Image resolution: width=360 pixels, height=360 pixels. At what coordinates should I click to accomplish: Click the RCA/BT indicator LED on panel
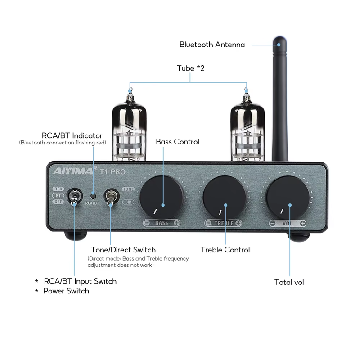pos(92,196)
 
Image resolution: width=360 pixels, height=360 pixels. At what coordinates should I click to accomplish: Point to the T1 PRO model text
pos(112,171)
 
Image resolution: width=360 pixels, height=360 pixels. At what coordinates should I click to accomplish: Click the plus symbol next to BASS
pos(176,223)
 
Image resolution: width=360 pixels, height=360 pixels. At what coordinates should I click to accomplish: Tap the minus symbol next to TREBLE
pos(208,223)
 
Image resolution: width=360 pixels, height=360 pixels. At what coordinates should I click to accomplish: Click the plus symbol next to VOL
pos(303,223)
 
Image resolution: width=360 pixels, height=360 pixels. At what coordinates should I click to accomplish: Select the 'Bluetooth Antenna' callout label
pos(212,45)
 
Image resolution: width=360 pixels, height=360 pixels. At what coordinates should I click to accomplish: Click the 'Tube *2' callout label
pos(190,68)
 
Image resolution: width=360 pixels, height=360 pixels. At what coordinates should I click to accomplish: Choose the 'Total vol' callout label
pos(289,282)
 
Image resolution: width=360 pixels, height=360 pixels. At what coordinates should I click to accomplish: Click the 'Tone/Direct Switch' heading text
pos(123,250)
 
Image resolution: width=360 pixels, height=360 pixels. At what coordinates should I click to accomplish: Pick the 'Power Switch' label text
pos(66,291)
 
